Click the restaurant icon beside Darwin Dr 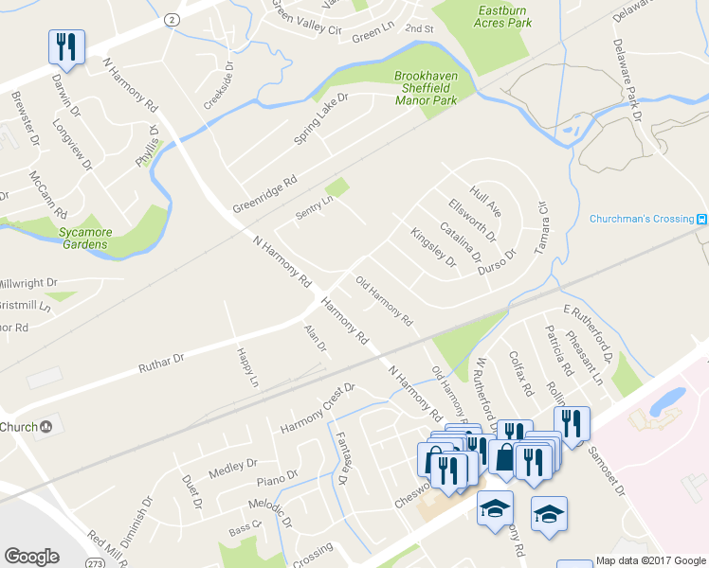point(66,44)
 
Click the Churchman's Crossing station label point(642,219)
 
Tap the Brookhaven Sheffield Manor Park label point(426,87)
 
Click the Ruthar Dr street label point(160,360)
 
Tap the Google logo point(31,557)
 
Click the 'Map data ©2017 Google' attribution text point(651,561)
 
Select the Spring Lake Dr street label point(321,118)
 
